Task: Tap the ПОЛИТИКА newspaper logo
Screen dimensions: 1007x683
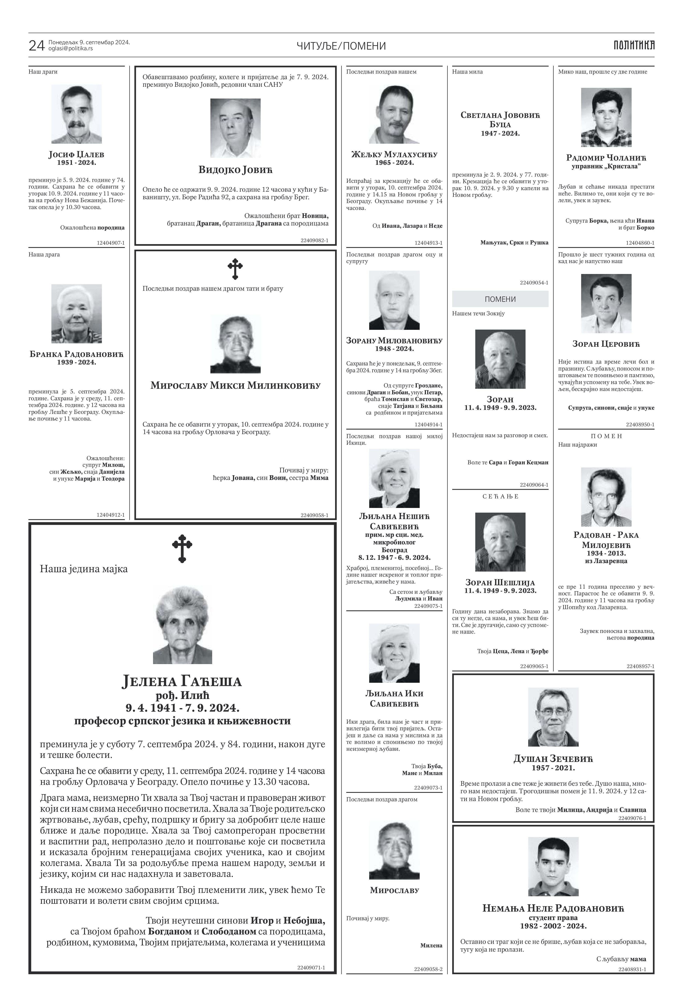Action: [x=634, y=45]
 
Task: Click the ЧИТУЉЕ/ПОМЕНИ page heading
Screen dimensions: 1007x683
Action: [x=341, y=46]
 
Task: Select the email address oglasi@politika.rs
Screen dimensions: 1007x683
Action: [x=71, y=48]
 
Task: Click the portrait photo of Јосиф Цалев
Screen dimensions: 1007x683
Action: [x=77, y=114]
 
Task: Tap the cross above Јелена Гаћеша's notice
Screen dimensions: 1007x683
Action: [x=182, y=548]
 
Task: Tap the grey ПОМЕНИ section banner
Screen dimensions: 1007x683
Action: [x=500, y=299]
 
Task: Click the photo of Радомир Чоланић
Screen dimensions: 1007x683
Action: [x=606, y=117]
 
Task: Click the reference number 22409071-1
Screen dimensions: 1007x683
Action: [x=311, y=979]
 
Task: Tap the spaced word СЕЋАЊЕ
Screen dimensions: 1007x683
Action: [x=500, y=497]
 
